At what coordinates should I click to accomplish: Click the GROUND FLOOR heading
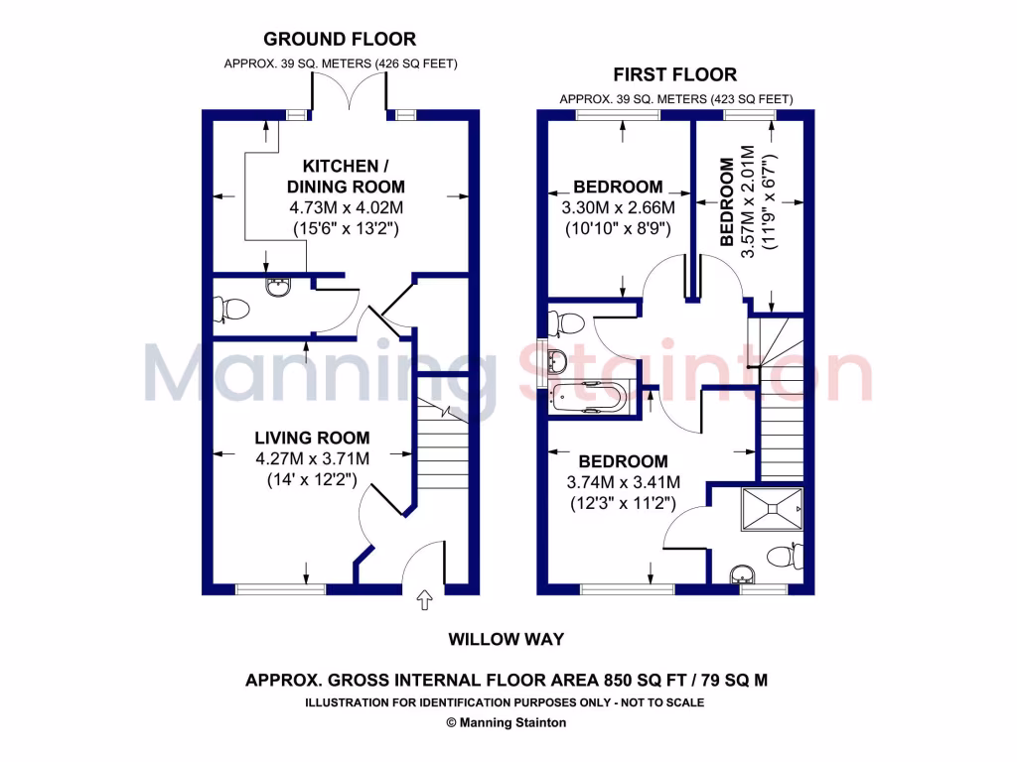[x=339, y=40]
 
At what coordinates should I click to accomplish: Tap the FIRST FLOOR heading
[x=674, y=74]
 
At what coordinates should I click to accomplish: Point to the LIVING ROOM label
[x=312, y=438]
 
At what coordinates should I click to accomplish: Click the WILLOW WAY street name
[x=507, y=640]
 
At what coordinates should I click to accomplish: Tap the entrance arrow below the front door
[x=425, y=599]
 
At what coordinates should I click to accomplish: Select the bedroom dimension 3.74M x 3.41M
[x=623, y=482]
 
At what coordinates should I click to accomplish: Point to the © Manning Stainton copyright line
[x=507, y=722]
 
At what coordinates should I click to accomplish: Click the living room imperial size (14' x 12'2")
[x=312, y=480]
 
